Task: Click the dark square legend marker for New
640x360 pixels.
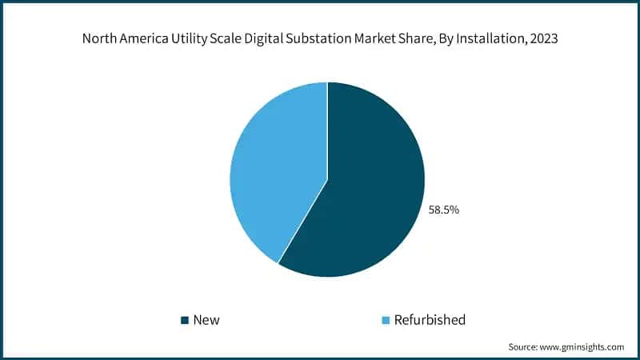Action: point(185,320)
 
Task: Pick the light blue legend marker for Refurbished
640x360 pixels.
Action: point(386,320)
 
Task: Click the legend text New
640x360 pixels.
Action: point(206,320)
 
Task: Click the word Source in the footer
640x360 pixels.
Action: point(524,346)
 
